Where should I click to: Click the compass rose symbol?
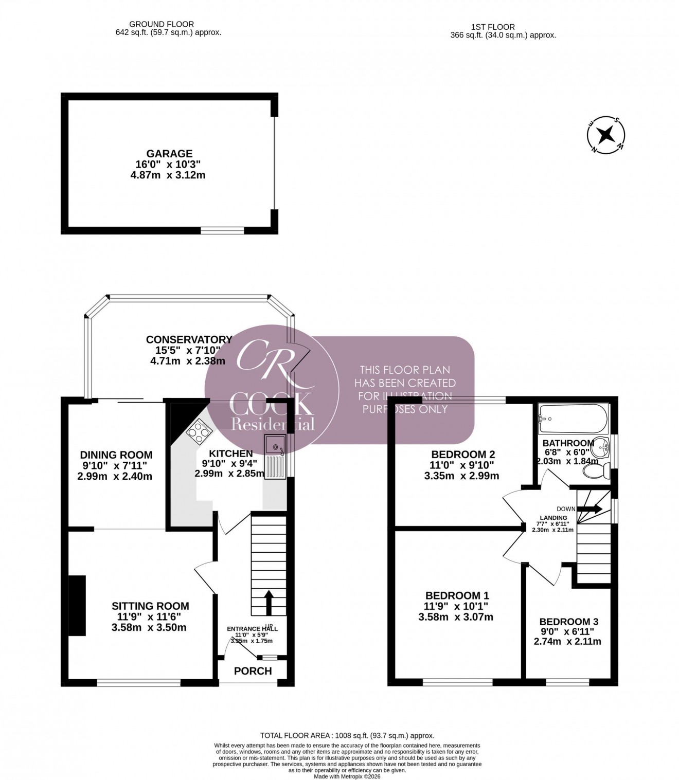(x=606, y=135)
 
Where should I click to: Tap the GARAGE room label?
(x=169, y=153)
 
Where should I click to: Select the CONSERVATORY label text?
(x=189, y=339)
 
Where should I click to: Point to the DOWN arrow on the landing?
(x=590, y=509)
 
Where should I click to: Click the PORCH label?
(x=253, y=670)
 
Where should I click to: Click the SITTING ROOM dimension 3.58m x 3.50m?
(x=149, y=627)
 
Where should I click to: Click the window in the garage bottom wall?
(x=222, y=231)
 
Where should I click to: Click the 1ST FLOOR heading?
(x=492, y=27)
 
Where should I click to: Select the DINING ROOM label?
(x=116, y=455)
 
